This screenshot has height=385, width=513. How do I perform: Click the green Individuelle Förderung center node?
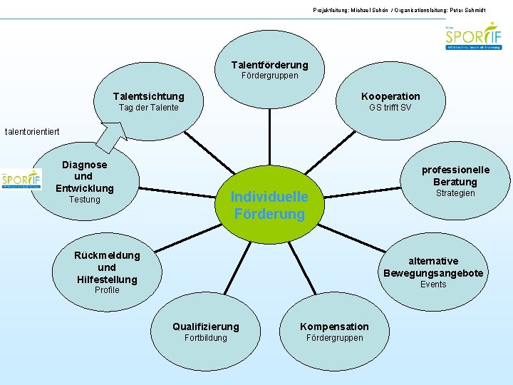pos(269,205)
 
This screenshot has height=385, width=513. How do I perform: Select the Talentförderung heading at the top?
pos(269,65)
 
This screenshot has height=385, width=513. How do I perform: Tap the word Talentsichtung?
pos(148,96)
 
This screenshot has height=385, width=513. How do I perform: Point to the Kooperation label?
pos(390,96)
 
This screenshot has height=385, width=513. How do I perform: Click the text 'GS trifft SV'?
pos(390,108)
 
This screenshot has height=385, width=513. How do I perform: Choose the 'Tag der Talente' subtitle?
pos(148,108)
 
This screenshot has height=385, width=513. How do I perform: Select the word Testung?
pos(84,200)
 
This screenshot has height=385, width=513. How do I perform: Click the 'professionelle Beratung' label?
pos(455,175)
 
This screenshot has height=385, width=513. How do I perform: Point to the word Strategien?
pos(455,193)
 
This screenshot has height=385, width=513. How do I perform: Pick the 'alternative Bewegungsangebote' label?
pos(433,267)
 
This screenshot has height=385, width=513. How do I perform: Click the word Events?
pos(433,284)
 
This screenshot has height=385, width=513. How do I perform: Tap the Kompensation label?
pos(334,327)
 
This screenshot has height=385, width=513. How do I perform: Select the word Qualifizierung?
pos(205,327)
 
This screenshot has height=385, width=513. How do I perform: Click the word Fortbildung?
pos(205,338)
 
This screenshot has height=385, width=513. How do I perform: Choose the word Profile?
pos(107,290)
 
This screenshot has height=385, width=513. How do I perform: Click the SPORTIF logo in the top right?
pos(473,35)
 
